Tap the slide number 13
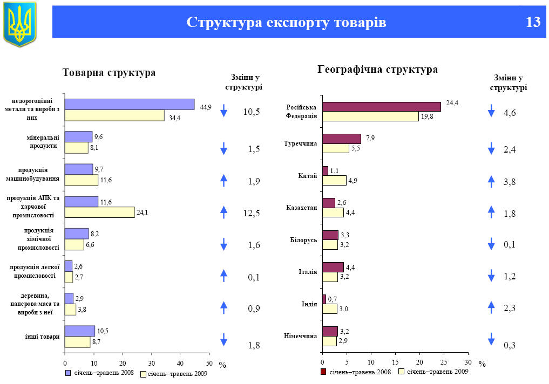(x=532, y=23)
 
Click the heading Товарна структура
(x=109, y=73)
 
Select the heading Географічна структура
(x=378, y=70)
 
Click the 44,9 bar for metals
(x=130, y=105)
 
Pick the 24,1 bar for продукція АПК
(x=99, y=212)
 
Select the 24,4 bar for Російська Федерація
(x=381, y=107)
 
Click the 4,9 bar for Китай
(x=334, y=181)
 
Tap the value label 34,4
(x=174, y=118)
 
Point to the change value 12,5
(x=252, y=214)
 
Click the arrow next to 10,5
(x=224, y=112)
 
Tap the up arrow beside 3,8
(x=491, y=182)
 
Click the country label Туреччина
(x=300, y=143)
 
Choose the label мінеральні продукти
(x=43, y=141)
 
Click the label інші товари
(x=42, y=337)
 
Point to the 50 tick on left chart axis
(x=209, y=363)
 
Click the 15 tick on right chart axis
(x=395, y=362)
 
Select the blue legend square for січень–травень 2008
(x=68, y=373)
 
